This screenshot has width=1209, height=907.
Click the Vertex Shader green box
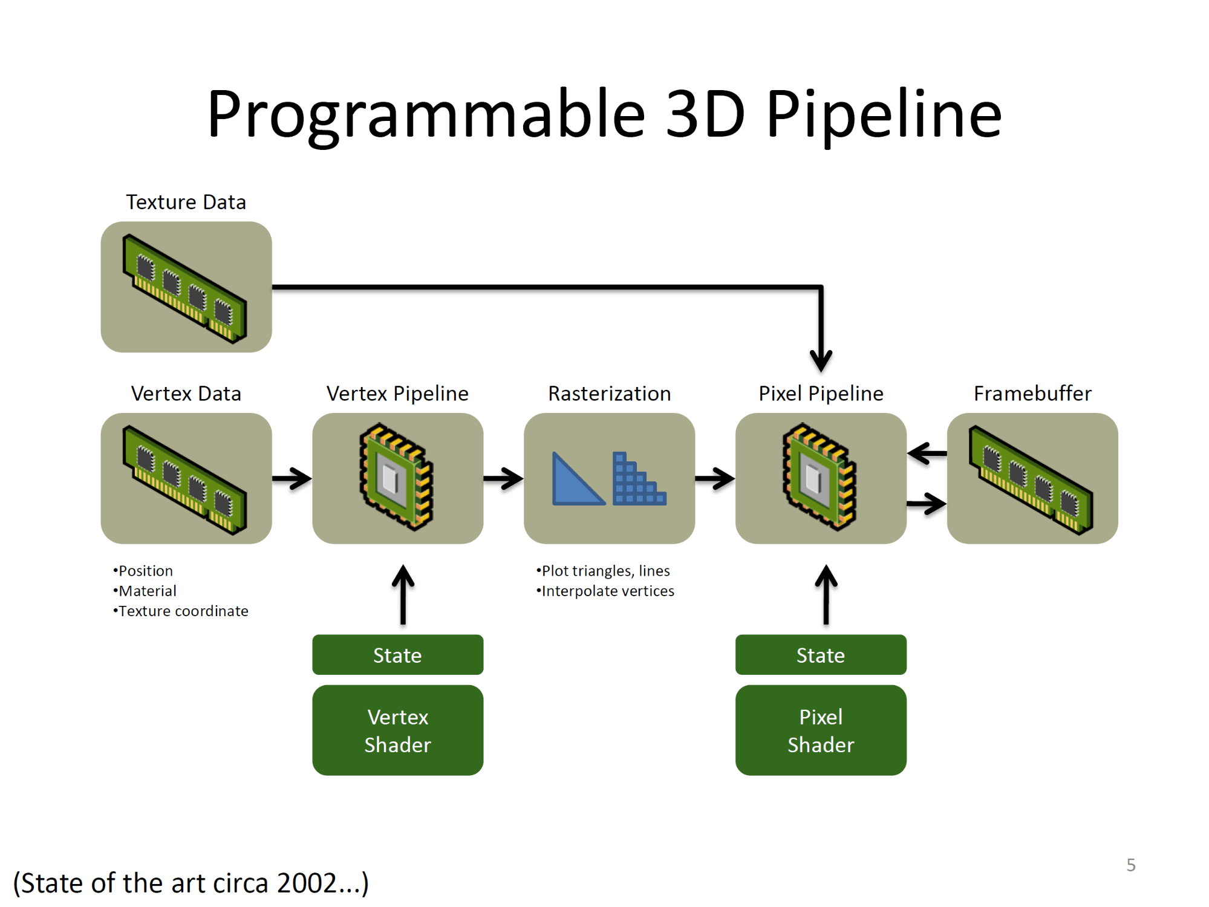click(397, 730)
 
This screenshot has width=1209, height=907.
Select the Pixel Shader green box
click(821, 730)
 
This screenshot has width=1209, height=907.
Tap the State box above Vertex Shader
click(397, 654)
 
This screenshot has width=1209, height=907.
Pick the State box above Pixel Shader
click(821, 654)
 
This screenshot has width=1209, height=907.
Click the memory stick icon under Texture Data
click(185, 288)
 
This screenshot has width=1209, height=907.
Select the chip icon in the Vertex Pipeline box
click(397, 476)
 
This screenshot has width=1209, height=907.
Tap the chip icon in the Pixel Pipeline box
click(820, 476)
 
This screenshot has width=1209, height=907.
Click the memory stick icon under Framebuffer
click(1031, 480)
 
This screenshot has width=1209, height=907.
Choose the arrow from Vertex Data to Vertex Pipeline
click(292, 478)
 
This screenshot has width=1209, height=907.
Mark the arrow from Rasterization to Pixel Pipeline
click(715, 478)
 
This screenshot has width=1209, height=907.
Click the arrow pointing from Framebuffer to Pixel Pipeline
click(927, 453)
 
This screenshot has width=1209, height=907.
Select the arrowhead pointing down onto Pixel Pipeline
click(821, 361)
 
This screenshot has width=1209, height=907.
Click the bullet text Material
click(148, 591)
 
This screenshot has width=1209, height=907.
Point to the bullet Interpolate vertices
click(608, 591)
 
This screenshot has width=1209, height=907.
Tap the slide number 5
click(1130, 865)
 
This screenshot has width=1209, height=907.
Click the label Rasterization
click(609, 394)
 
